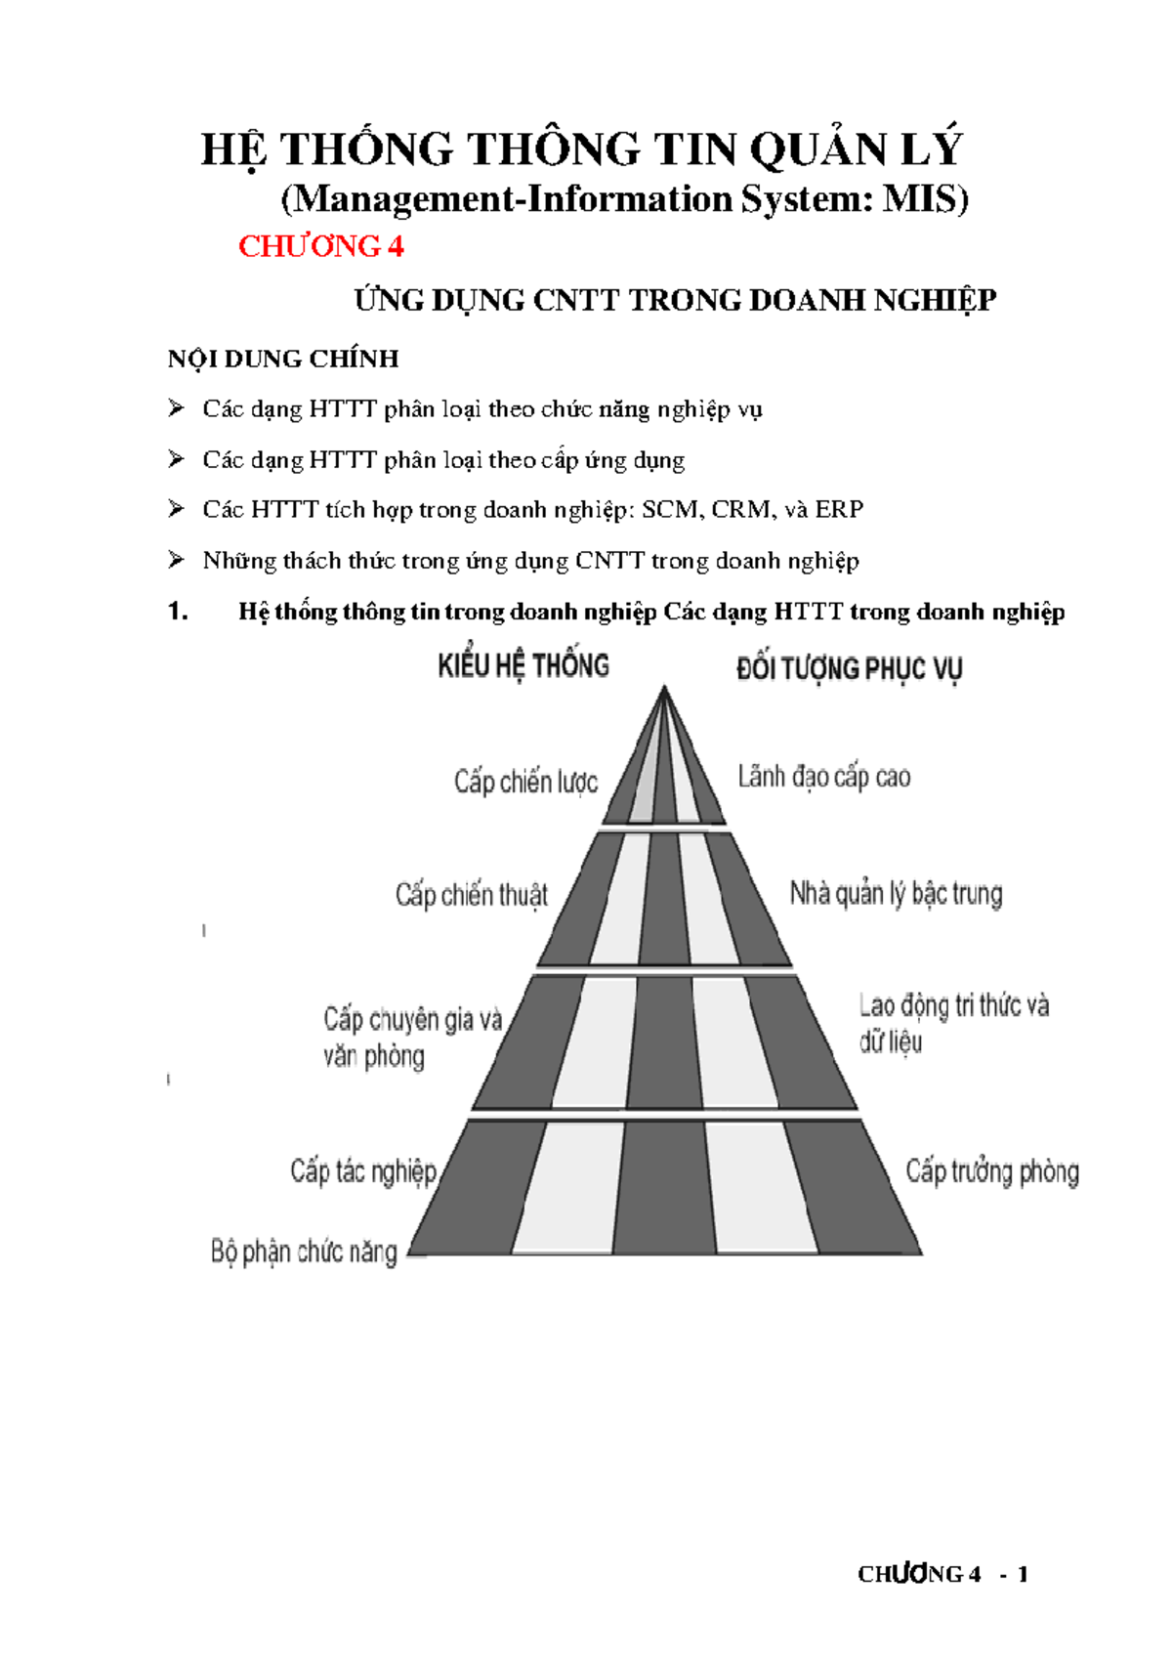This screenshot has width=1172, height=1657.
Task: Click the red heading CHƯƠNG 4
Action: coord(320,246)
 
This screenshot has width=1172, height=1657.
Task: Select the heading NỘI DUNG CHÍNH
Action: coord(283,359)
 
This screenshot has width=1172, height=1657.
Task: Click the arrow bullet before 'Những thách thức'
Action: coord(176,559)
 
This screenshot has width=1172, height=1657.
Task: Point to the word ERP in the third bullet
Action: coord(839,509)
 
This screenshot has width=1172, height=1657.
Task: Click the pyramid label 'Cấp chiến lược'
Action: coord(525,783)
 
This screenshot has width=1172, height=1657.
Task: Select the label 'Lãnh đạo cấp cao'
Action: coord(823,778)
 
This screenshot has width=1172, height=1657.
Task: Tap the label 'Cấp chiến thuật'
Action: coord(472,895)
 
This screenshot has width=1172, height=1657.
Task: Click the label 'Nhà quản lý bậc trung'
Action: coord(896,893)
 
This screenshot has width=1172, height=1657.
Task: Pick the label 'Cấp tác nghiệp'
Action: coord(363,1170)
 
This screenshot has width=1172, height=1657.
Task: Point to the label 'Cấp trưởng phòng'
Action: coord(991,1171)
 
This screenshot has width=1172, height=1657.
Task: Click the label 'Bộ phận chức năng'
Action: coord(304,1252)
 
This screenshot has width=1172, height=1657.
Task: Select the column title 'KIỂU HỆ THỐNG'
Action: coord(523,666)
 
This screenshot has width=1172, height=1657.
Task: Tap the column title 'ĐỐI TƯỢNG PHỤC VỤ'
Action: coord(849,669)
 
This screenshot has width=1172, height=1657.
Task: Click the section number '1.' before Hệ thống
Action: coord(178,612)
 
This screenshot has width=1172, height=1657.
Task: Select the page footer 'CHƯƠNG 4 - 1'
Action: coord(942,1574)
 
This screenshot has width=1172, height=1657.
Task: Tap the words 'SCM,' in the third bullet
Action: coord(671,509)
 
